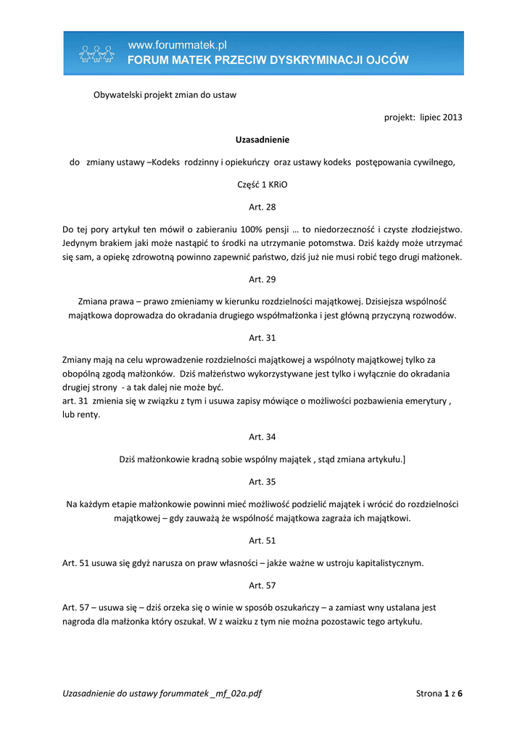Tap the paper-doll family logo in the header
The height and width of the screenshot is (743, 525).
click(x=97, y=54)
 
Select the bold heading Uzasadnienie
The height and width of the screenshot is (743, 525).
click(x=262, y=139)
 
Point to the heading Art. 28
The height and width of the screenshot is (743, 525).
click(x=262, y=207)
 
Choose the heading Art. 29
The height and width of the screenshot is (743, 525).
click(x=262, y=279)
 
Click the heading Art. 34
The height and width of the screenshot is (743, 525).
click(x=262, y=437)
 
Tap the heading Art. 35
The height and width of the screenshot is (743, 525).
click(x=262, y=481)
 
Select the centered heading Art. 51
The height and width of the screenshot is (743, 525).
click(x=262, y=541)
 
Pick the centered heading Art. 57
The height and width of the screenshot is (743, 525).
click(x=262, y=585)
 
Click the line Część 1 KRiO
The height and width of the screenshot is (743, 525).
click(x=262, y=184)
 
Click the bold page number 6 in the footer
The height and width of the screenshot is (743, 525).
click(x=459, y=694)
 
